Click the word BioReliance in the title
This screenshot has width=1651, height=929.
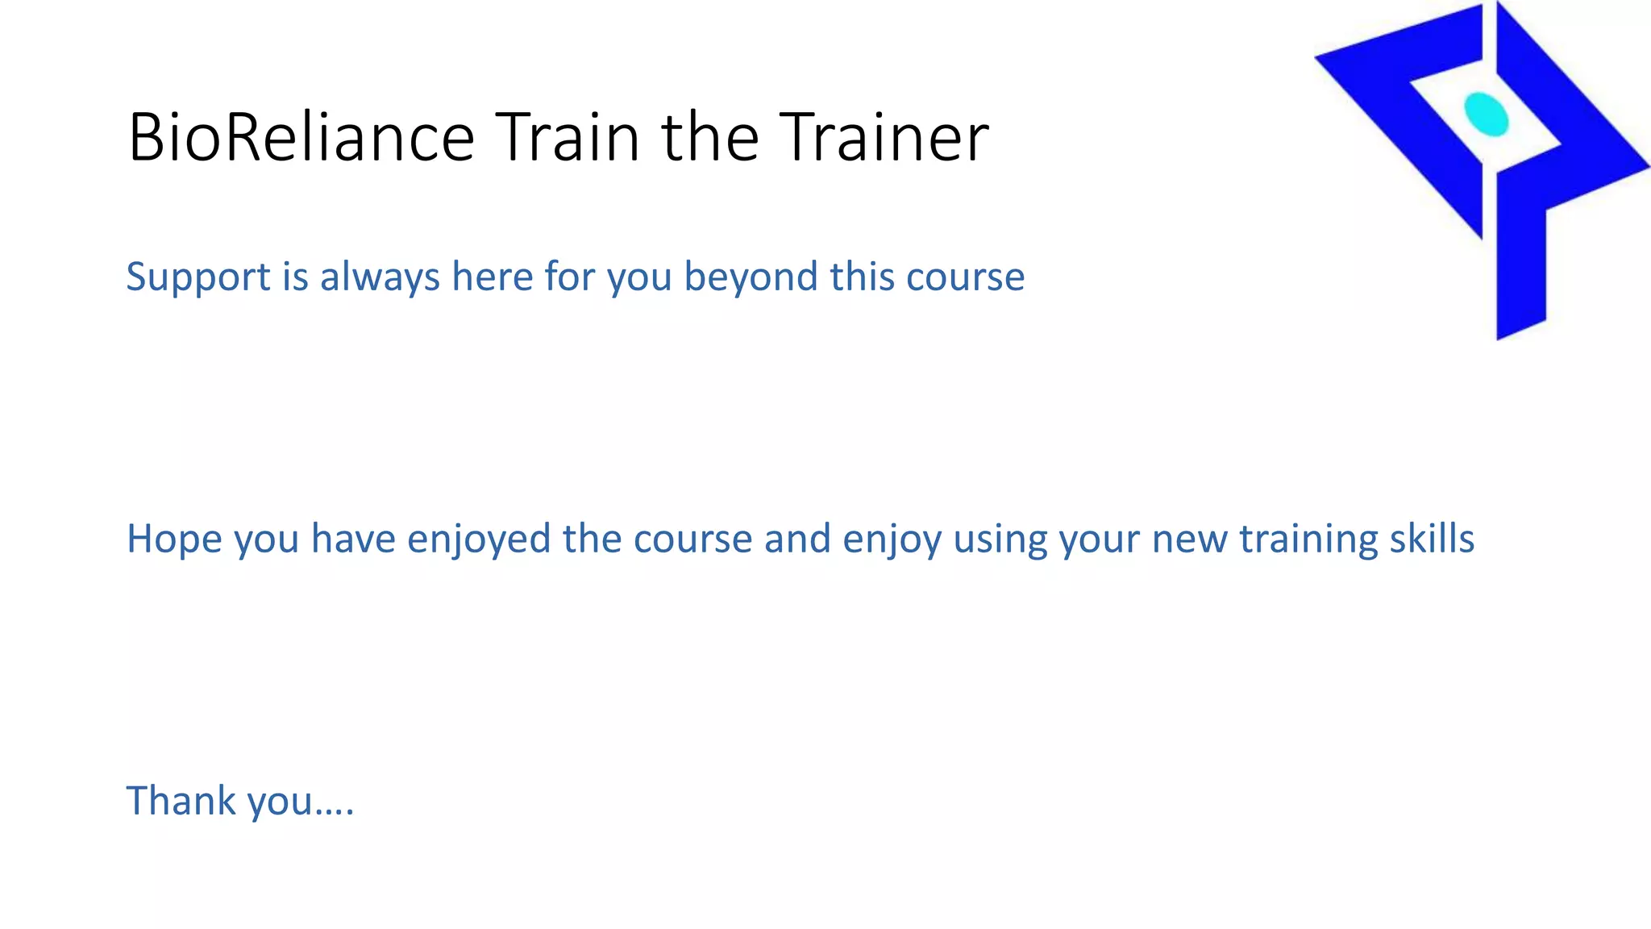point(301,137)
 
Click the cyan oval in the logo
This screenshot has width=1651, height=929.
point(1486,115)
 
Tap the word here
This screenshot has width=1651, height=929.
point(492,277)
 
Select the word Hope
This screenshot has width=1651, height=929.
point(174,539)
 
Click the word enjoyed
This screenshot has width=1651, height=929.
point(479,539)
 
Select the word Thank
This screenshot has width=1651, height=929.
point(181,801)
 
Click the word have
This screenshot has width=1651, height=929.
point(353,539)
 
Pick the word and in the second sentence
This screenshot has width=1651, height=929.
point(796,539)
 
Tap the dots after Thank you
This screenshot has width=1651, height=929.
point(334,810)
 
